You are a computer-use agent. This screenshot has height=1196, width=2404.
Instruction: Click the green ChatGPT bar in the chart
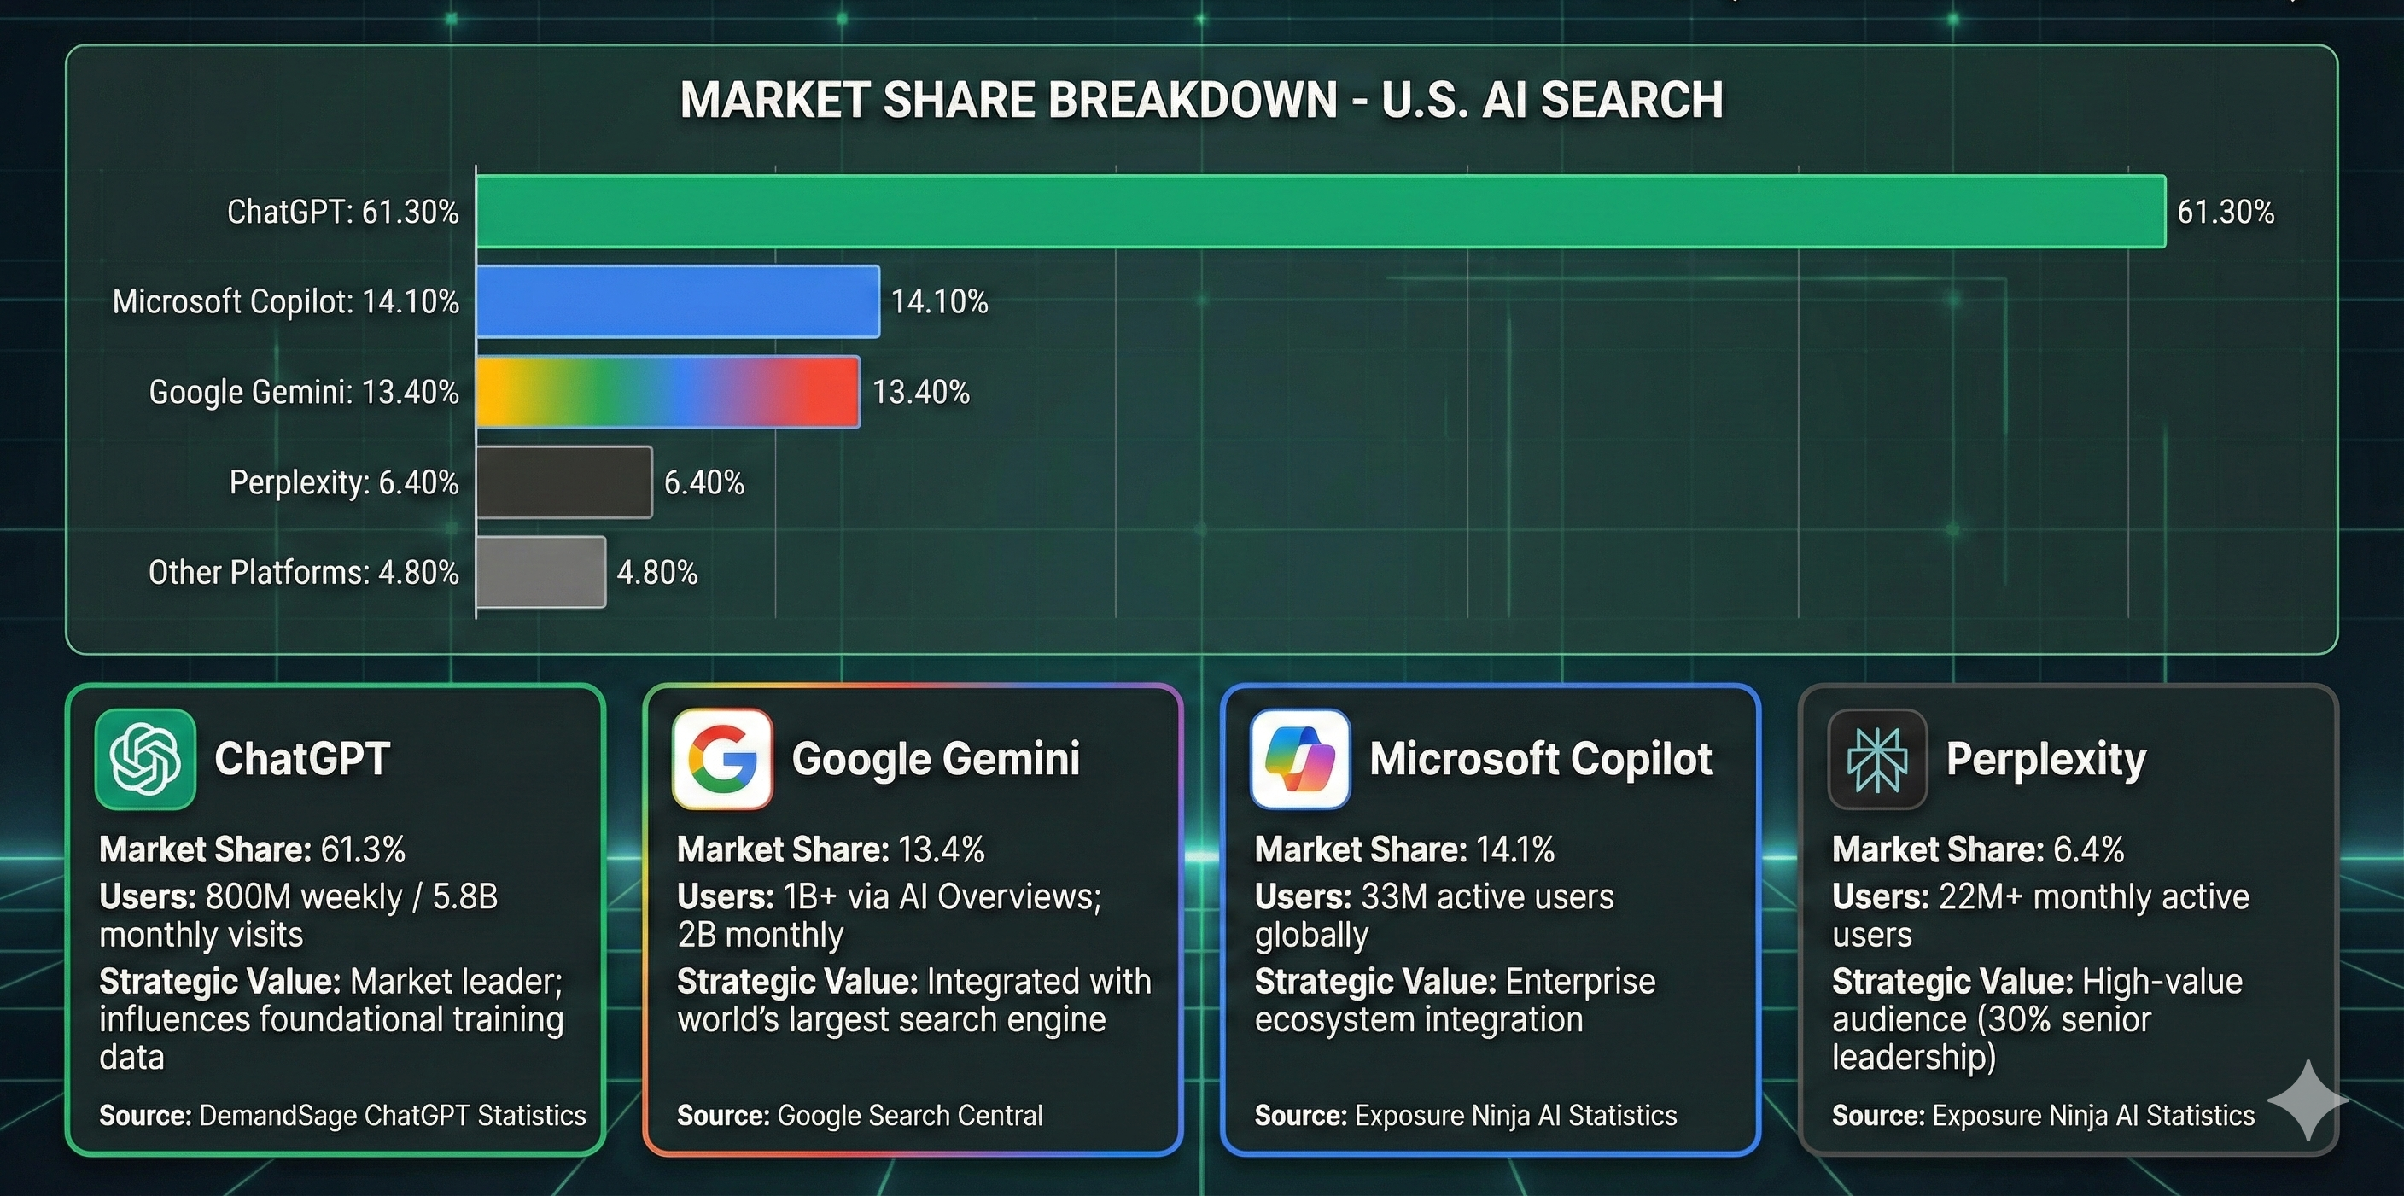(x=1320, y=212)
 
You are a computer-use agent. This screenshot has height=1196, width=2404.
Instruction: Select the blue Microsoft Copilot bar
(x=678, y=301)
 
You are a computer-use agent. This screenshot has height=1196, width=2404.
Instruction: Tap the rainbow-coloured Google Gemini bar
(x=668, y=392)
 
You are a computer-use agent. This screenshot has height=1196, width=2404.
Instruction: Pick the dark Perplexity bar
(x=563, y=482)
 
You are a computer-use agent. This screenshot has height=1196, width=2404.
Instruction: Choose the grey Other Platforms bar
(x=540, y=572)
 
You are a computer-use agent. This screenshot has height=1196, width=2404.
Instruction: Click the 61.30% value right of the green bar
(x=2225, y=213)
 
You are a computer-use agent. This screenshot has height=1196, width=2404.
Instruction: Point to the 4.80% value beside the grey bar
(x=657, y=573)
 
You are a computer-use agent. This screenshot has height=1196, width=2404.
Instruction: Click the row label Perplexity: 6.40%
(x=343, y=483)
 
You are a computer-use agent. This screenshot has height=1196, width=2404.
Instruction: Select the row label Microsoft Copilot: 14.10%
(x=286, y=302)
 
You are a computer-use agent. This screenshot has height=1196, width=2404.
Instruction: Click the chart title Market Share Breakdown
(x=1201, y=101)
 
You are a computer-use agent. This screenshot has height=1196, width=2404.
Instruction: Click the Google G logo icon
(x=722, y=758)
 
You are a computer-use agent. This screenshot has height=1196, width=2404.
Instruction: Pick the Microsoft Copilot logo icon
(x=1300, y=758)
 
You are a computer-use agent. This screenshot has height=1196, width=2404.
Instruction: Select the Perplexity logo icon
(x=1876, y=758)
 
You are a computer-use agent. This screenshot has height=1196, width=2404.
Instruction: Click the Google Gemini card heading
(x=935, y=758)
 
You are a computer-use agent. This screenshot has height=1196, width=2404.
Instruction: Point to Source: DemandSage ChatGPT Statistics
(x=342, y=1116)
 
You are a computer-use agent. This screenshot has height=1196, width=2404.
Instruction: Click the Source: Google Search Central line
(x=860, y=1116)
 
